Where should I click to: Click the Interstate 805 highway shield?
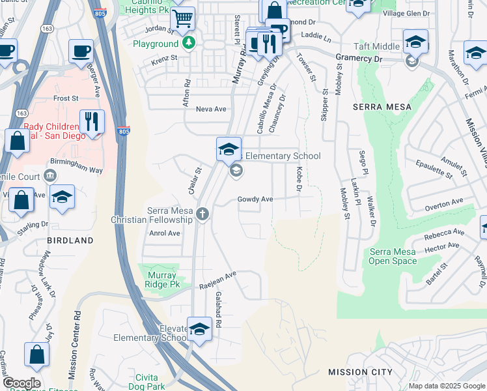pyautogui.click(x=124, y=132)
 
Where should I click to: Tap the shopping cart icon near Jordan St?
pyautogui.click(x=183, y=20)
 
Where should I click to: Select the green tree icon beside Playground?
pyautogui.click(x=188, y=44)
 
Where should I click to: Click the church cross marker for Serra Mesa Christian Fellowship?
pyautogui.click(x=202, y=214)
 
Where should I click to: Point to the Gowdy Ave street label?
pyautogui.click(x=255, y=199)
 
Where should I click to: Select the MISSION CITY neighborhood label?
pyautogui.click(x=360, y=372)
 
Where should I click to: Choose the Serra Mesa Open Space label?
pyautogui.click(x=393, y=256)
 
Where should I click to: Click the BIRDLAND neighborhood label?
pyautogui.click(x=70, y=240)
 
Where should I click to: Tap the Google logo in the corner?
pyautogui.click(x=21, y=383)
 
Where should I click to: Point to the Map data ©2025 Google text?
pyautogui.click(x=447, y=386)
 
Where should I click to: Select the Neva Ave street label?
pyautogui.click(x=212, y=109)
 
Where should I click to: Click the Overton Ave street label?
pyautogui.click(x=443, y=203)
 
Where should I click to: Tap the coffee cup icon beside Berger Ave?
pyautogui.click(x=81, y=50)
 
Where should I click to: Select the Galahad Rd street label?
pyautogui.click(x=218, y=310)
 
